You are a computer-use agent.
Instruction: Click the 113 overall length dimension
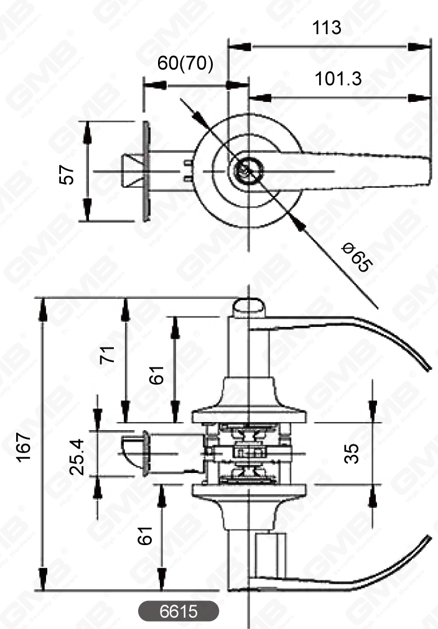coord(327,27)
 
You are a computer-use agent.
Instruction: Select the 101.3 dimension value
coord(338,79)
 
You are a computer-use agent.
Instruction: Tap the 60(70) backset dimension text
coord(185,63)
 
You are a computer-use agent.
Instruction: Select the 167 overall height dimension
coord(24,446)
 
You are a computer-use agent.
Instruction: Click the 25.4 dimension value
coord(78,457)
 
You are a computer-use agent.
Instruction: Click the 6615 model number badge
coord(179,611)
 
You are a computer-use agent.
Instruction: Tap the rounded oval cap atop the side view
coord(249,306)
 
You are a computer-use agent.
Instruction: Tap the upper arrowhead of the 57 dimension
coord(87,128)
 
